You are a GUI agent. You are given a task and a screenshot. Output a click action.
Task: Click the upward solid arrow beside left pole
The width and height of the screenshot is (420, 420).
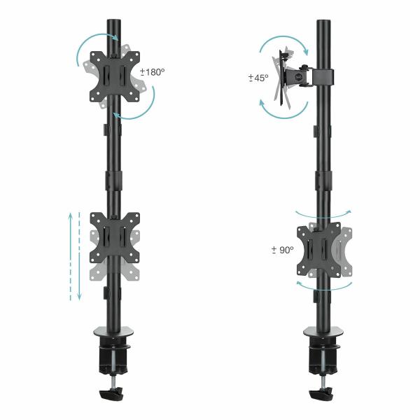[70, 255]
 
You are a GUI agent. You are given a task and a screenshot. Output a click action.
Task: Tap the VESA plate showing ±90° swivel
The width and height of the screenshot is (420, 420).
[321, 248]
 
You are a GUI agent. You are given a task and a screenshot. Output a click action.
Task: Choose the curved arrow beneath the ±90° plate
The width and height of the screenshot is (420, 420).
[322, 286]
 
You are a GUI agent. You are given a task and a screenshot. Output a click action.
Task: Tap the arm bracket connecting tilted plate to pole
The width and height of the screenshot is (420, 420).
[315, 76]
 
